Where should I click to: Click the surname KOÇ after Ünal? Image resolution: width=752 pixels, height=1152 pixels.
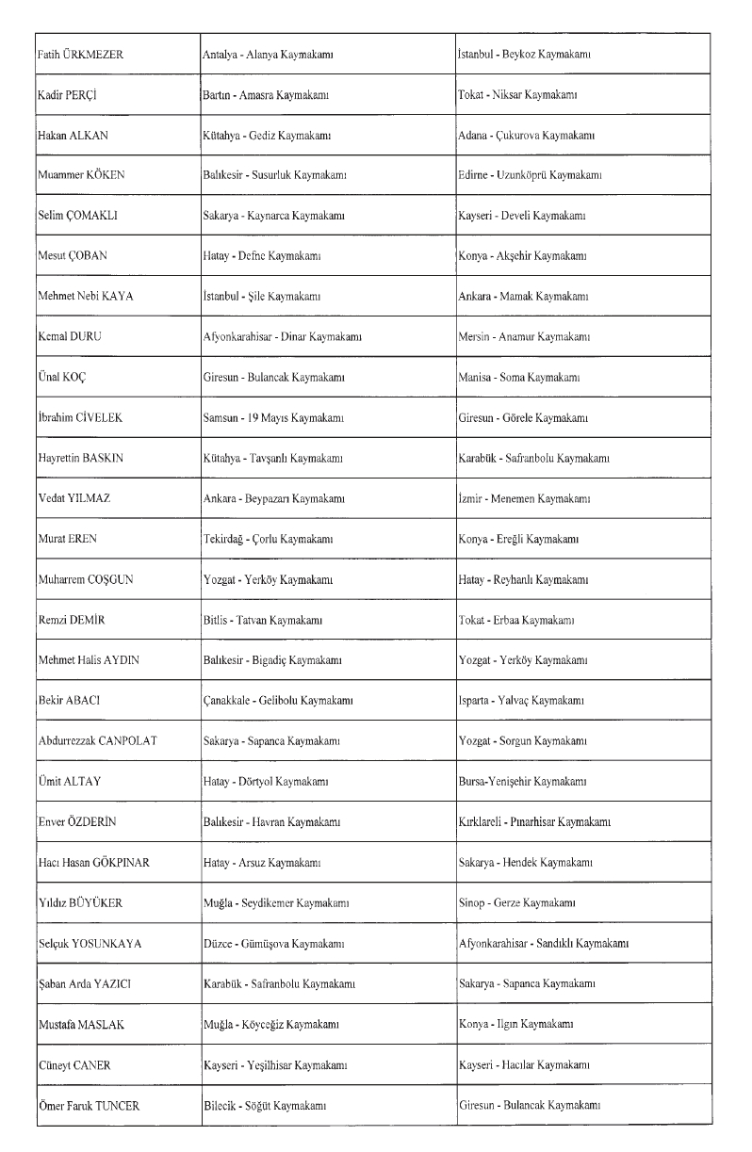[x=73, y=377]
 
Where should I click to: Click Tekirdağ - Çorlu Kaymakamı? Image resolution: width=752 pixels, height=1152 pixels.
[x=267, y=539]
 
